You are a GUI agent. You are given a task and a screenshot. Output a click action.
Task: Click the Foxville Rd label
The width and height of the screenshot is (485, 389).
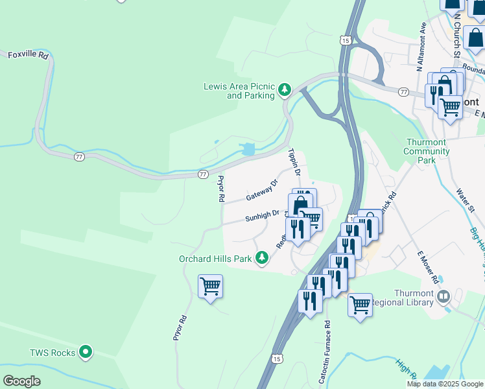pyautogui.click(x=28, y=55)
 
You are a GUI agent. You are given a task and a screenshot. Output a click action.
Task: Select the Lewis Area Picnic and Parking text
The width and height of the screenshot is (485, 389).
pyautogui.click(x=239, y=90)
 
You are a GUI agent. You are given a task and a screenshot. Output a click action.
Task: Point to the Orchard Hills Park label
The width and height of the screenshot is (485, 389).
pyautogui.click(x=215, y=259)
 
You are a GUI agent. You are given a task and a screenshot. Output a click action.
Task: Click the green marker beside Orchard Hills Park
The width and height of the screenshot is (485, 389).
pyautogui.click(x=262, y=259)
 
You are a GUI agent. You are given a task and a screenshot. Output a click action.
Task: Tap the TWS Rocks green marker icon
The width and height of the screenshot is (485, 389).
pyautogui.click(x=86, y=353)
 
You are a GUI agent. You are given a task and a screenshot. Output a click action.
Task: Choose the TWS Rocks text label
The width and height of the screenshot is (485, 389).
pyautogui.click(x=52, y=353)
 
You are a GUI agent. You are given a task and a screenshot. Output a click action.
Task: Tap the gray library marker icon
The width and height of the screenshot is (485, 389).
pyautogui.click(x=444, y=298)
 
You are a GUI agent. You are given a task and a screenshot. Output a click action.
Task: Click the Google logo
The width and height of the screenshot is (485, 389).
pyautogui.click(x=21, y=381)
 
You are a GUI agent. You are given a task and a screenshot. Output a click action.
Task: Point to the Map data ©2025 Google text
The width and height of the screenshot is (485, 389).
pyautogui.click(x=445, y=384)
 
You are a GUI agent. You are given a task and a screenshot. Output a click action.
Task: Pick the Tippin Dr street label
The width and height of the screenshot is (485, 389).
pyautogui.click(x=293, y=162)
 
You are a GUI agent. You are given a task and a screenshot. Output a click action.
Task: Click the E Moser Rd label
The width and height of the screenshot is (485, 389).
pyautogui.click(x=427, y=266)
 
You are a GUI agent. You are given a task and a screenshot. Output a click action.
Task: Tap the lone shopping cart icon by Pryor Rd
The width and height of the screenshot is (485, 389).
pyautogui.click(x=210, y=286)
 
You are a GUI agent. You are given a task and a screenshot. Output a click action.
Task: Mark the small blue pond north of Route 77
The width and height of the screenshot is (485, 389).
pyautogui.click(x=248, y=149)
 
